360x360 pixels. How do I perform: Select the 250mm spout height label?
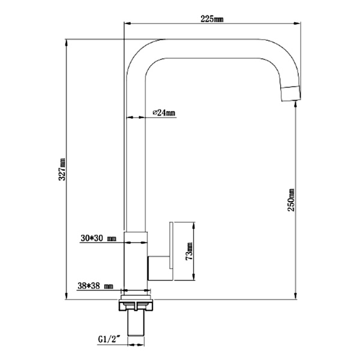point(292,199)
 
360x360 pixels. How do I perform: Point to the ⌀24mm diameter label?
point(164,112)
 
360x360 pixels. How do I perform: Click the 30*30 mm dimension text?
point(98,238)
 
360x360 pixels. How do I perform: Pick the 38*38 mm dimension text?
point(96,287)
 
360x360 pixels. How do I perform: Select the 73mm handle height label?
point(188,251)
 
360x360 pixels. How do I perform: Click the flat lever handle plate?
point(172,250)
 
